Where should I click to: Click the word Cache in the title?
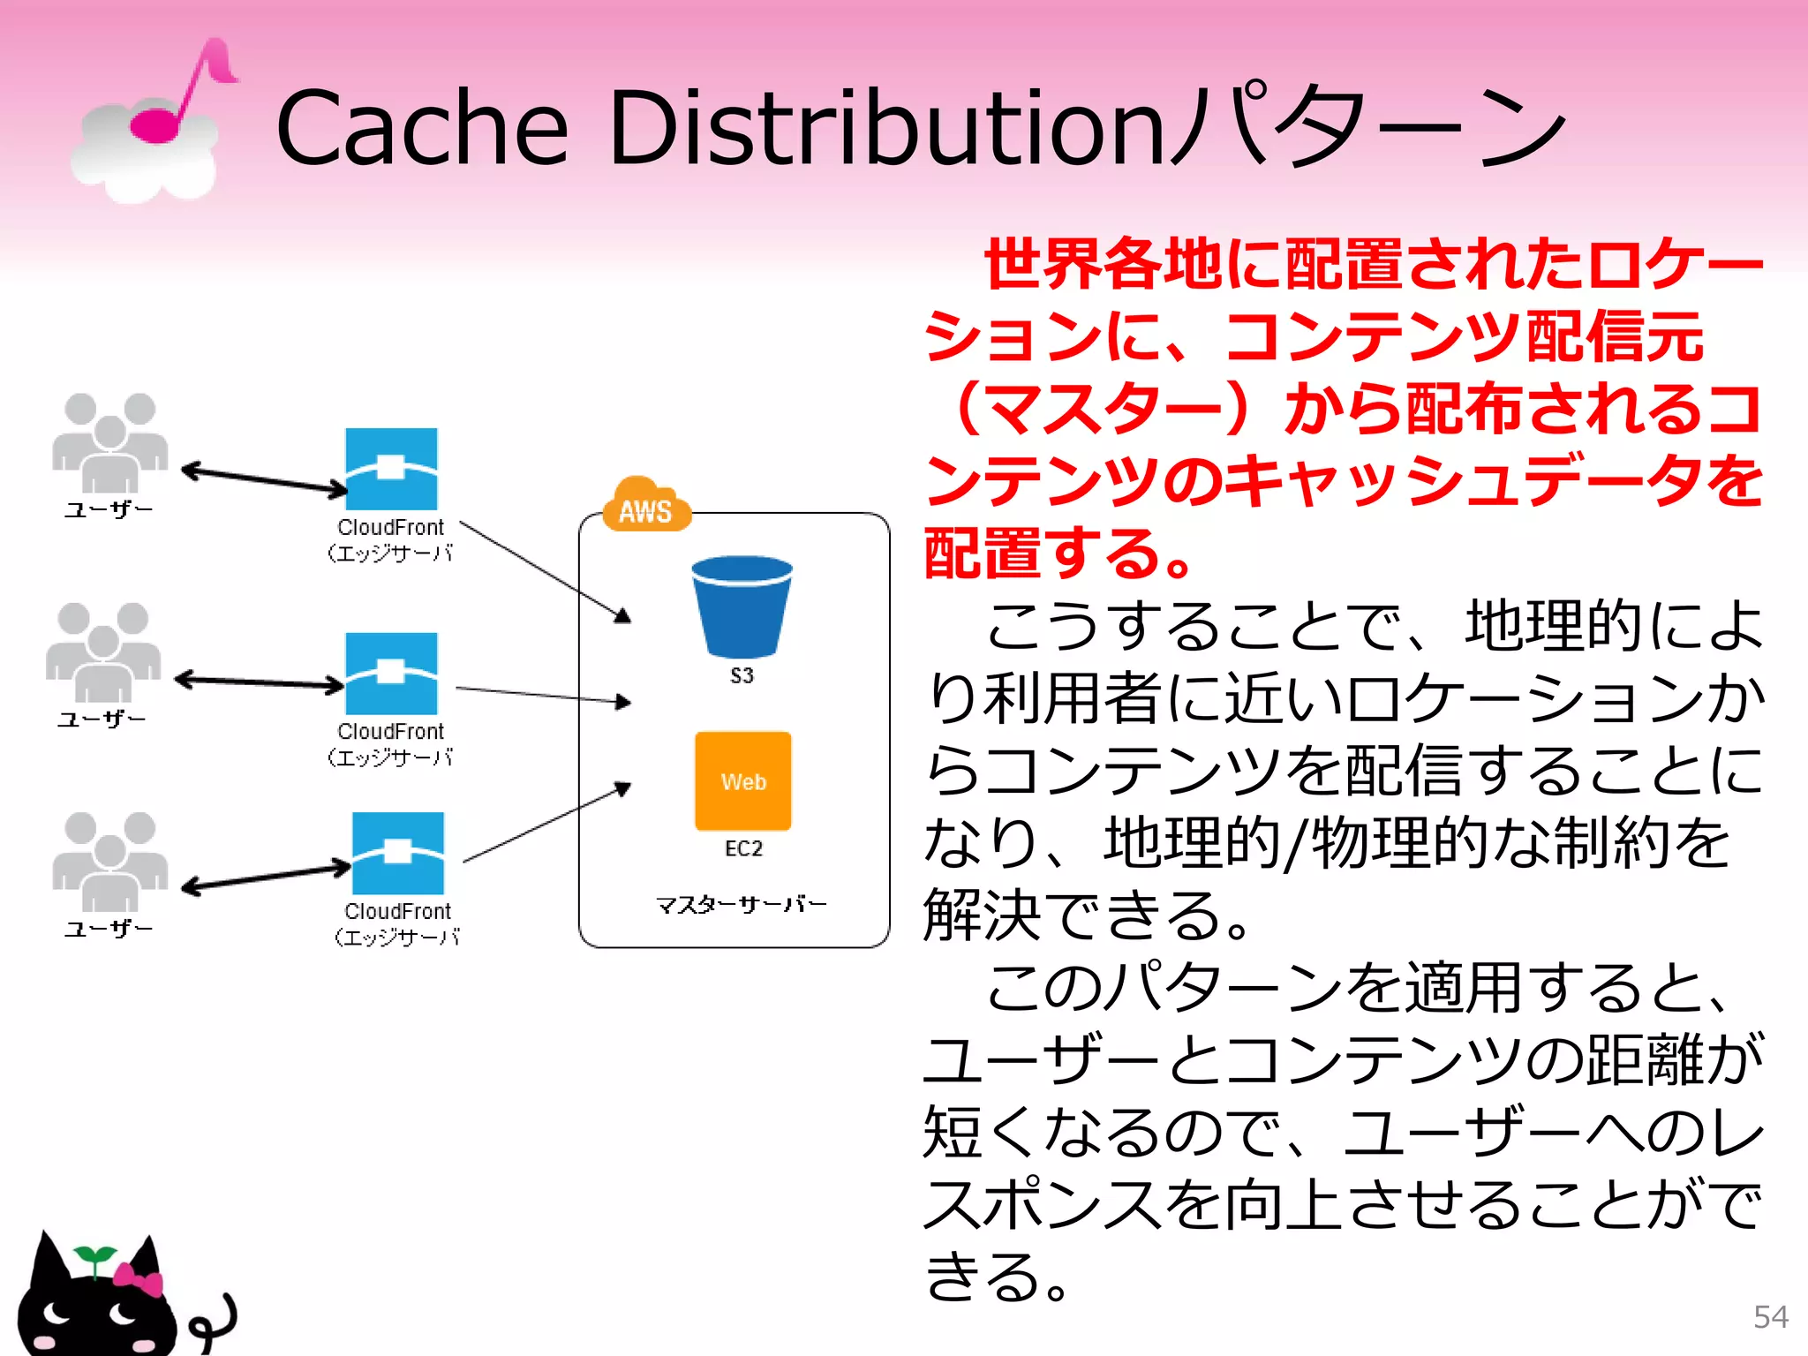tap(422, 128)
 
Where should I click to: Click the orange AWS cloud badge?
tap(646, 506)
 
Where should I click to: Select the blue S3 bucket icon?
tap(742, 606)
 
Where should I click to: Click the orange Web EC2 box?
tap(743, 781)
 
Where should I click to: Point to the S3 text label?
tap(742, 676)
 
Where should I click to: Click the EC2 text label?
tap(743, 848)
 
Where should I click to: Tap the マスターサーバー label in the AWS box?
tap(742, 904)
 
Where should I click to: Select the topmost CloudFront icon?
tap(391, 469)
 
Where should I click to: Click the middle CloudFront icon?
tap(391, 674)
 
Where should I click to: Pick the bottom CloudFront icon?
tap(398, 854)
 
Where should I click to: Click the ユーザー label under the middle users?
tap(102, 719)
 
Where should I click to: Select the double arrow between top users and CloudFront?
tap(265, 479)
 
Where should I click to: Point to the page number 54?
tap(1770, 1317)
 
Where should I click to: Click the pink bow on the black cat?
tap(139, 1279)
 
